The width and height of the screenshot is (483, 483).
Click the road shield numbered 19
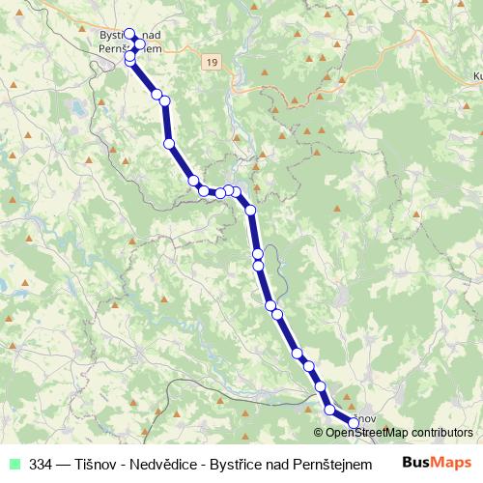(211, 61)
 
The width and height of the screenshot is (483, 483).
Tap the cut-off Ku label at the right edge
(476, 74)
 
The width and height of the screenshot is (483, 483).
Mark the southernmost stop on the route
(354, 423)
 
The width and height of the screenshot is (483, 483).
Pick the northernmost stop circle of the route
(129, 34)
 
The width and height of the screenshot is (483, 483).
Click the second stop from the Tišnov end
(330, 410)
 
